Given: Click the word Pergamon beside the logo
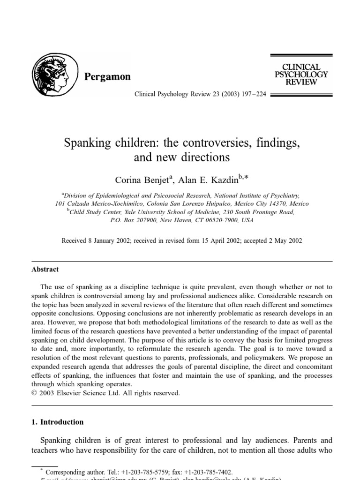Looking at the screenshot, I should point(107,77).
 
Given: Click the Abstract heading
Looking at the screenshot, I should point(45,270).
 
